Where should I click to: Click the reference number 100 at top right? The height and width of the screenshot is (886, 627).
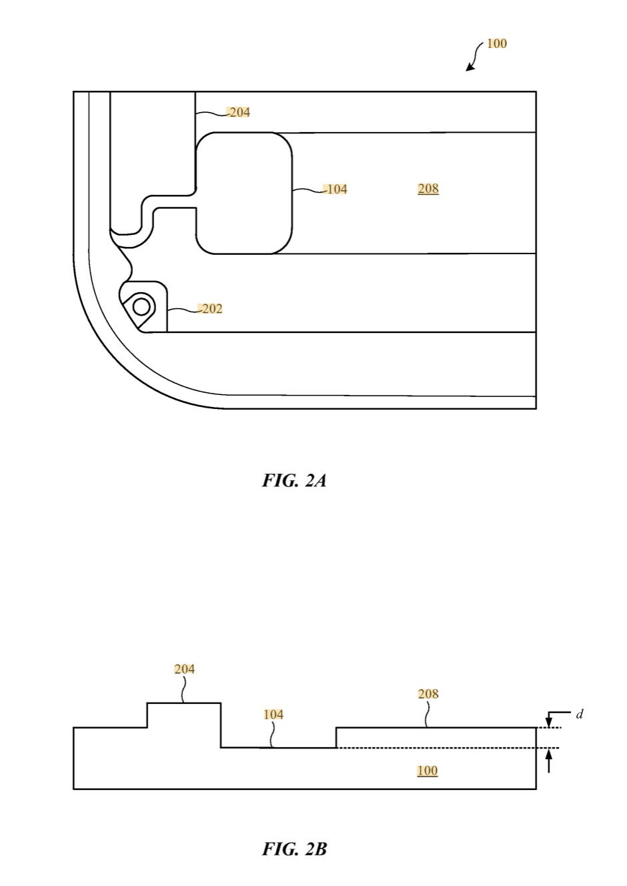click(497, 44)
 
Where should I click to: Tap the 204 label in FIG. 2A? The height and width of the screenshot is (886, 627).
click(239, 112)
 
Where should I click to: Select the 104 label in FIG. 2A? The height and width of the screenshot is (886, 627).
click(336, 189)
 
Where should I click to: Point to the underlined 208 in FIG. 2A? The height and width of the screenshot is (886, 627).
click(428, 189)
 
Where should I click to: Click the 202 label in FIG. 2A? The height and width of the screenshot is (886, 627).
click(211, 309)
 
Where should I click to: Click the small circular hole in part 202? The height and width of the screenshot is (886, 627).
click(141, 307)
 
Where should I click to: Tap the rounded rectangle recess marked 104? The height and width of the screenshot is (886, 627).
click(244, 193)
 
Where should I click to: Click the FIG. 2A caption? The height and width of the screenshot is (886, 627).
click(294, 480)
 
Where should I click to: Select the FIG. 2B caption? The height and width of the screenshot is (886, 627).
click(294, 849)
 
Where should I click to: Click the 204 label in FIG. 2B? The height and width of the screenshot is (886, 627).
click(185, 669)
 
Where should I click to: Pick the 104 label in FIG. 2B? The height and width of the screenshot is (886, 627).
click(273, 715)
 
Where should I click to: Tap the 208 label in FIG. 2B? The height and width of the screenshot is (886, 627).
click(428, 694)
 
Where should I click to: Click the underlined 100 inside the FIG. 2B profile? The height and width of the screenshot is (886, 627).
click(428, 771)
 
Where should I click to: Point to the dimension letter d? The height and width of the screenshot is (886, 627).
click(580, 714)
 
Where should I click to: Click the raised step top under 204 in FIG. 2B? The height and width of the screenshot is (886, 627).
click(184, 703)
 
